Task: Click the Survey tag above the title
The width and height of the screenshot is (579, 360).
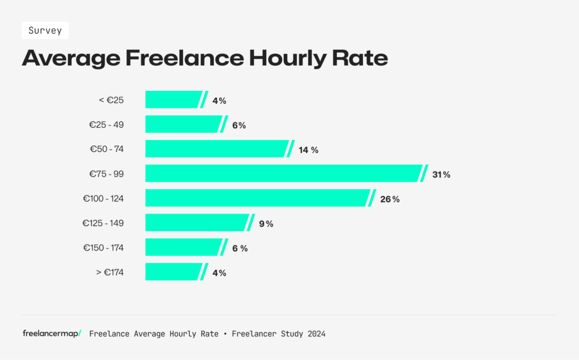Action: pos(45,31)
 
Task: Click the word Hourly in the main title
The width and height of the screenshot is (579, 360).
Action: pos(287,59)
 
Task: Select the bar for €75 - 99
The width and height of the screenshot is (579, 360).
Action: pos(283,174)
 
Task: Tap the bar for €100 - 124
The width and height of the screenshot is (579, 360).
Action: pos(257,198)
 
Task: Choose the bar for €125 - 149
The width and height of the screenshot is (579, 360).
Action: pos(196,223)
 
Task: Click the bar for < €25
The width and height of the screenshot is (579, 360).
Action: pos(173,100)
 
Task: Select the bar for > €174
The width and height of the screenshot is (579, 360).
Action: pos(173,272)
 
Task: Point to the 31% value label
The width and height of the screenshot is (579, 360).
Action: pos(441,175)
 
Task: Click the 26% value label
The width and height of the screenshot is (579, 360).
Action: pos(390,199)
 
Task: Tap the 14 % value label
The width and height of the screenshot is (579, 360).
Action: pos(309,150)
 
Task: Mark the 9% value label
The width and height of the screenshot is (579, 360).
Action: pos(266,224)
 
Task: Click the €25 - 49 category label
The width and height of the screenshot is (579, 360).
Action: pos(106,125)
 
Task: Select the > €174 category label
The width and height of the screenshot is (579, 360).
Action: pos(110,272)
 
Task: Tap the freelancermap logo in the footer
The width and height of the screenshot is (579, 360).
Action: pos(51,333)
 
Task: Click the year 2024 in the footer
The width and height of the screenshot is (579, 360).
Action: pos(317,334)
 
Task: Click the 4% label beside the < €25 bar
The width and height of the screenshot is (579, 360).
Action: pos(219,101)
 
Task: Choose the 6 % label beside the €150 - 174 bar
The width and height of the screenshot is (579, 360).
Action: pos(240,248)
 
